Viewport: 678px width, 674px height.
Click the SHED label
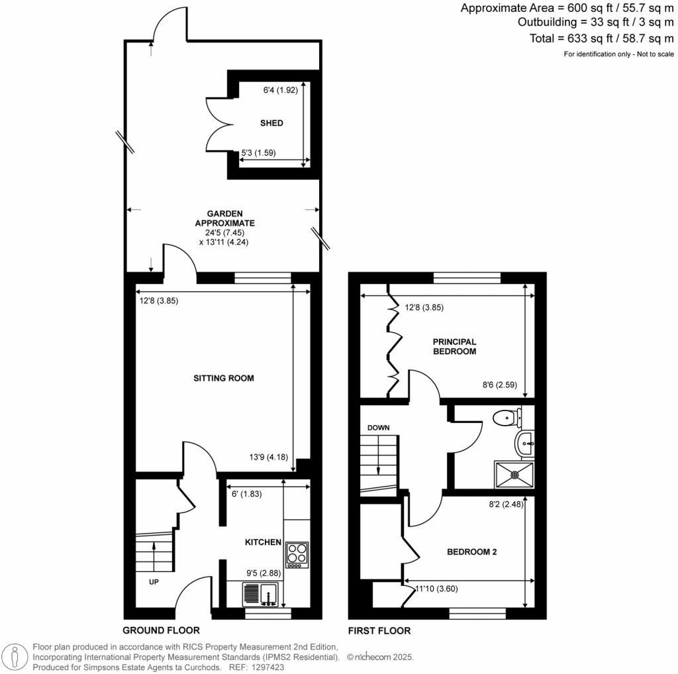tap(271, 123)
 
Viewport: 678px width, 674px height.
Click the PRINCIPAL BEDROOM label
tap(454, 346)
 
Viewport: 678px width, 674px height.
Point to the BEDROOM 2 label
tap(471, 552)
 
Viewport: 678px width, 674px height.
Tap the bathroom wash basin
tap(526, 443)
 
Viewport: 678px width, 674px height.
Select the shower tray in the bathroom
tap(514, 474)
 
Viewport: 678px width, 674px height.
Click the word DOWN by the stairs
tap(378, 428)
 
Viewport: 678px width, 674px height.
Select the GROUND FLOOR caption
tap(161, 630)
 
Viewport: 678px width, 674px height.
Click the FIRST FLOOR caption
tap(379, 630)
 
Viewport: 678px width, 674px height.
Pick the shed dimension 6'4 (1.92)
tap(273, 91)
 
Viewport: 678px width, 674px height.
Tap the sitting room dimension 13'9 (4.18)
tap(268, 456)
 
